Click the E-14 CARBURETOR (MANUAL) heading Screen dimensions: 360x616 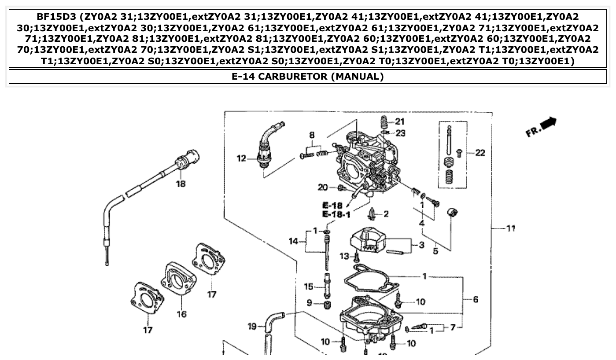pyautogui.click(x=308, y=77)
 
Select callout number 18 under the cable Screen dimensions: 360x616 pyautogui.click(x=181, y=184)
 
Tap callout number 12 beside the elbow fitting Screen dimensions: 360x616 pyautogui.click(x=241, y=158)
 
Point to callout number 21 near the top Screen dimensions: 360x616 pyautogui.click(x=399, y=121)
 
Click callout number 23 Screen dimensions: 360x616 pyautogui.click(x=400, y=132)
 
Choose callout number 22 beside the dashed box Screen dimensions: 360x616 pyautogui.click(x=480, y=153)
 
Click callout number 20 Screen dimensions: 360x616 pyautogui.click(x=323, y=188)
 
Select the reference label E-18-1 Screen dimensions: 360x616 pyautogui.click(x=336, y=214)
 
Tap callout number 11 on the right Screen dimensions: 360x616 pyautogui.click(x=510, y=228)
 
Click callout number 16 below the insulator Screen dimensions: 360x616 pyautogui.click(x=181, y=314)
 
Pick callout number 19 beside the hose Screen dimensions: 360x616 pyautogui.click(x=252, y=326)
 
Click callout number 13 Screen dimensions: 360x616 pyautogui.click(x=344, y=256)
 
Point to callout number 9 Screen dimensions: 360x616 pyautogui.click(x=309, y=303)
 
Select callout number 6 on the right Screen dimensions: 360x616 pyautogui.click(x=476, y=299)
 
